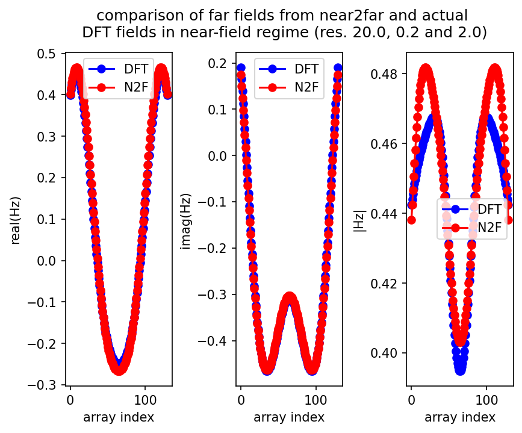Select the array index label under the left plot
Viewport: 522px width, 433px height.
tap(118, 417)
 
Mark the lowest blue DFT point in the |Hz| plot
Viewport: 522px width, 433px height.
tap(461, 369)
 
